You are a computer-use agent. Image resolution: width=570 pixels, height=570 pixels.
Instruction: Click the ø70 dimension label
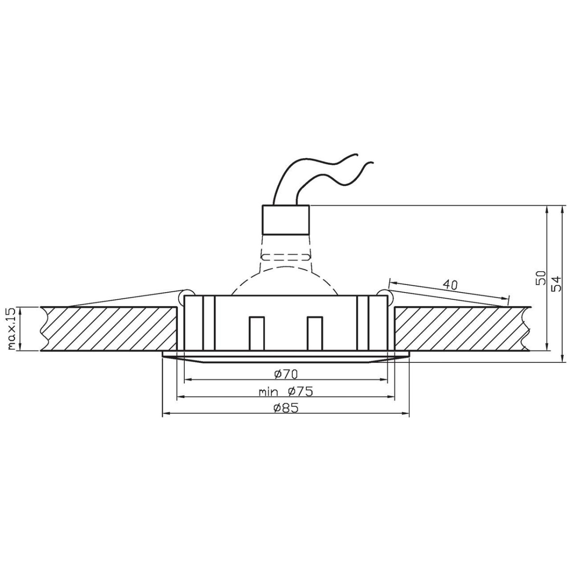point(285,374)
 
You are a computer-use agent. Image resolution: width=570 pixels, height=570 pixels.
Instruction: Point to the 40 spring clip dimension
point(450,285)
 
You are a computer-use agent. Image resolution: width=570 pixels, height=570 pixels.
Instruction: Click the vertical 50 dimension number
point(540,278)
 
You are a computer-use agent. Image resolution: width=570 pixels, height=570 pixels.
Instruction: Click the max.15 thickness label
point(12,329)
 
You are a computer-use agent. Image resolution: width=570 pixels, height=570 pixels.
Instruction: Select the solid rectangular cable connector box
point(286,219)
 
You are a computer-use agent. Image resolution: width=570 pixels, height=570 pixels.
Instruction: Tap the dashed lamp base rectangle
point(285,257)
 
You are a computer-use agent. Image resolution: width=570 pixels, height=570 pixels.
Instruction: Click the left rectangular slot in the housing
point(256,333)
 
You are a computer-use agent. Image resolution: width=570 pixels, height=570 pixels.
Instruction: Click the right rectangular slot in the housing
point(314,333)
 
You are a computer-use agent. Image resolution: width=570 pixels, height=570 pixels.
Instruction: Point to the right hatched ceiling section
point(458,329)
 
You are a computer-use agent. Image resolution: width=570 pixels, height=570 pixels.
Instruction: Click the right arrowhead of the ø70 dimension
point(383,380)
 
